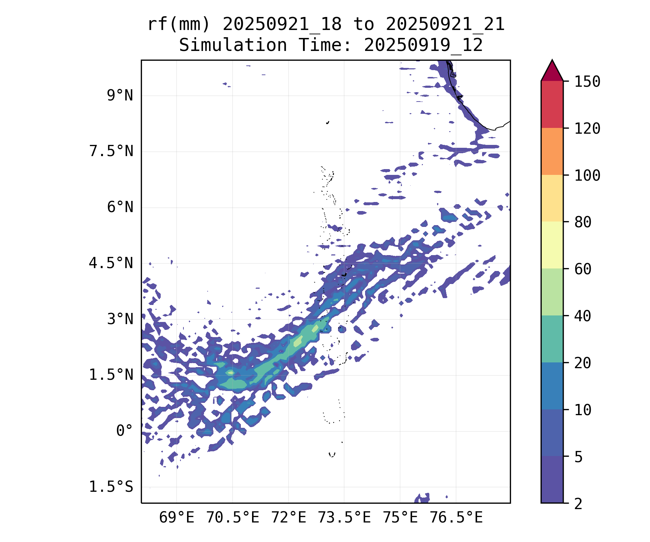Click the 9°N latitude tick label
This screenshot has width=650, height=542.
click(120, 96)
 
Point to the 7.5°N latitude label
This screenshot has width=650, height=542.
click(111, 151)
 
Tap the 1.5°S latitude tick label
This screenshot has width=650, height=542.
click(111, 487)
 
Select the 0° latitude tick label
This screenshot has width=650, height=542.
click(125, 431)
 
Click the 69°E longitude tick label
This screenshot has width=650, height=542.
click(177, 518)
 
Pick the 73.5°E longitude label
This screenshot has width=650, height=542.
click(344, 518)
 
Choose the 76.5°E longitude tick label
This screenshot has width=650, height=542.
click(456, 518)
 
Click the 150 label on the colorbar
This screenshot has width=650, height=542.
click(587, 82)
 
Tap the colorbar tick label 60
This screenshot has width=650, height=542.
click(583, 269)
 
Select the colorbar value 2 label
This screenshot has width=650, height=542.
click(578, 504)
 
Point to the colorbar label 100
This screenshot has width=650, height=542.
click(587, 176)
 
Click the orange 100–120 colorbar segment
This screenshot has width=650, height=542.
click(552, 151)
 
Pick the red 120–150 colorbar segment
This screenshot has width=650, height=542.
click(552, 104)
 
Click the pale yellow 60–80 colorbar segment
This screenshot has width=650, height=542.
click(552, 245)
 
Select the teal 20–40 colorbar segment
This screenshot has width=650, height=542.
click(552, 339)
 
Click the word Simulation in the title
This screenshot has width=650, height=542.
click(233, 46)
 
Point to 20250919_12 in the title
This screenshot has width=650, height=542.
click(423, 46)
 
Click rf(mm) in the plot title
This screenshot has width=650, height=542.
click(179, 25)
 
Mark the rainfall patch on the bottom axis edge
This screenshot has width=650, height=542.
click(422, 499)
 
